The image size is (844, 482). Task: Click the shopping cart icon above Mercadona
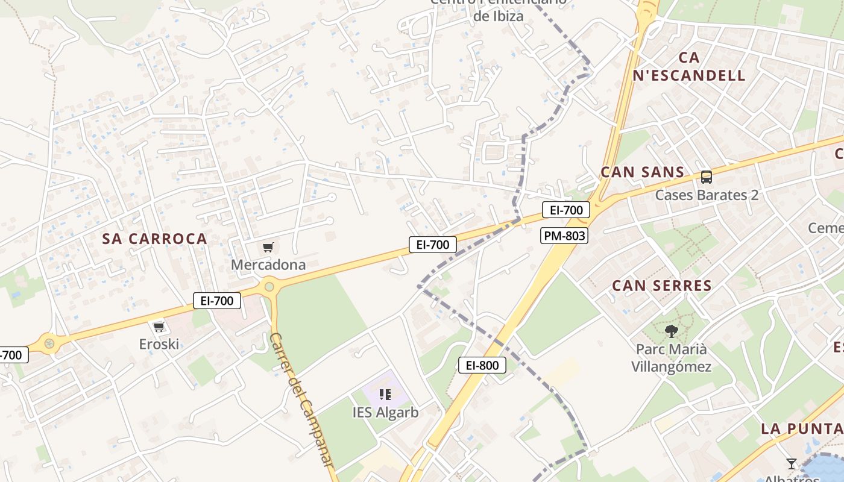(x=268, y=247)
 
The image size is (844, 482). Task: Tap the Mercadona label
(x=268, y=264)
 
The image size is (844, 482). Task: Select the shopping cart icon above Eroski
(x=159, y=327)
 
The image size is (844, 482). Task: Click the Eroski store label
(x=159, y=344)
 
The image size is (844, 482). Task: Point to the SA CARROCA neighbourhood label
(x=155, y=239)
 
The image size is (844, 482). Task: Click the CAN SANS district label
(x=643, y=172)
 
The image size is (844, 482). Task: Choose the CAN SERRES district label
(x=662, y=286)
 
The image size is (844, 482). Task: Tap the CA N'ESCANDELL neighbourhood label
(x=689, y=66)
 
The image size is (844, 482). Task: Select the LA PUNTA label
(x=802, y=429)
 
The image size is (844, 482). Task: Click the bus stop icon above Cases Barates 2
(x=707, y=177)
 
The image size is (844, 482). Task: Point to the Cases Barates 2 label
(x=707, y=195)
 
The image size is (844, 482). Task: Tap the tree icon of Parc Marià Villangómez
(x=671, y=331)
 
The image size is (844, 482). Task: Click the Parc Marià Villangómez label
(x=671, y=358)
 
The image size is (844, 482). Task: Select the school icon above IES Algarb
(x=386, y=395)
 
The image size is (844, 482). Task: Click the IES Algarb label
(x=386, y=413)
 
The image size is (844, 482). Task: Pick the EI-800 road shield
(x=482, y=365)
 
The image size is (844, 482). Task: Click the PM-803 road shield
(x=564, y=236)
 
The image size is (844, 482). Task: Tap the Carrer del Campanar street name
(x=301, y=399)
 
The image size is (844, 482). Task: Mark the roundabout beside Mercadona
(x=269, y=287)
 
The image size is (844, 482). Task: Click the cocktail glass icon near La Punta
(x=792, y=463)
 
